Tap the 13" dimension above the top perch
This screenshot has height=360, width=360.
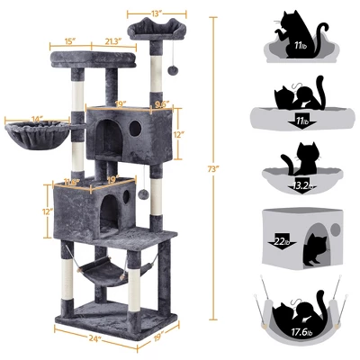[157, 14]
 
